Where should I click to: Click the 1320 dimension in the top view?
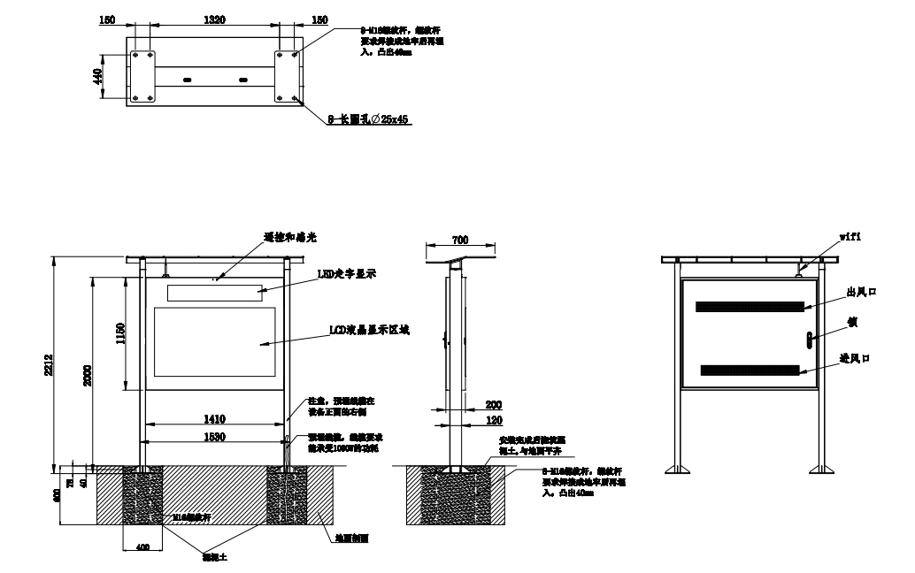(x=213, y=19)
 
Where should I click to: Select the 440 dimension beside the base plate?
(x=97, y=77)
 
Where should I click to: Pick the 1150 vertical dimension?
(x=120, y=332)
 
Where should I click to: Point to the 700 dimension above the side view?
(x=459, y=241)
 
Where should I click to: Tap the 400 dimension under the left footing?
(x=142, y=547)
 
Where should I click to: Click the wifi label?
(x=850, y=237)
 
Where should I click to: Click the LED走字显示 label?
(x=346, y=275)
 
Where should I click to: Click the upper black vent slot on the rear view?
(x=750, y=307)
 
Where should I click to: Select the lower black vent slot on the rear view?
(x=751, y=369)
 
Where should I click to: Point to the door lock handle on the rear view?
(x=808, y=337)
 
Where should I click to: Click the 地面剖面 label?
(x=352, y=537)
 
